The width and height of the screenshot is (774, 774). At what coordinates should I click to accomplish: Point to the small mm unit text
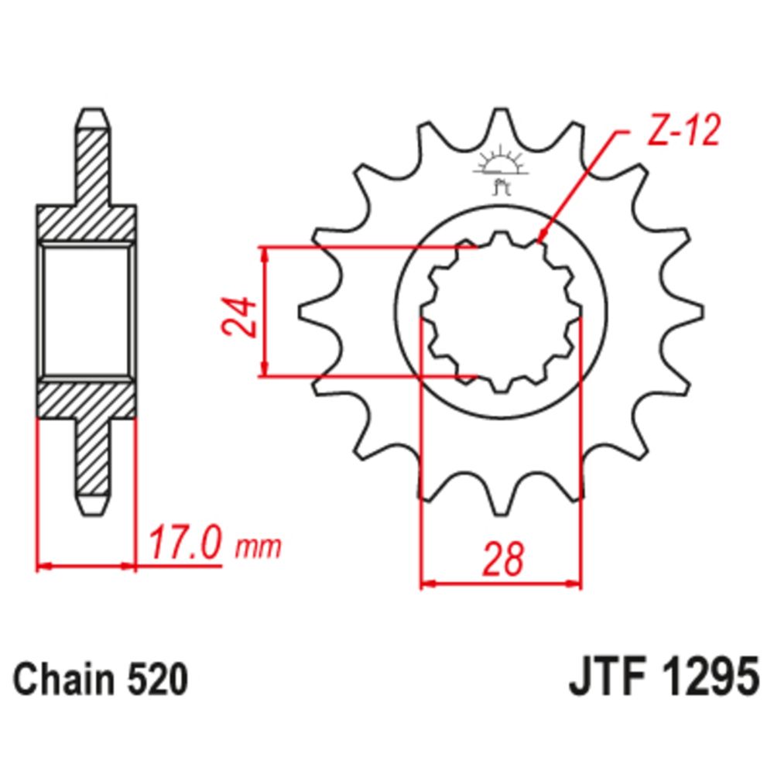(x=258, y=547)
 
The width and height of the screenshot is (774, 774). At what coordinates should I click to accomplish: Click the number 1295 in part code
(x=711, y=681)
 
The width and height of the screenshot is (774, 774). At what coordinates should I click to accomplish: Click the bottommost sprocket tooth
(x=501, y=507)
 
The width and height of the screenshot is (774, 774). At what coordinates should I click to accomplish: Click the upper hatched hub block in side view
(x=87, y=224)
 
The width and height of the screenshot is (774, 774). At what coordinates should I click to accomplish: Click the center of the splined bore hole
(x=501, y=313)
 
